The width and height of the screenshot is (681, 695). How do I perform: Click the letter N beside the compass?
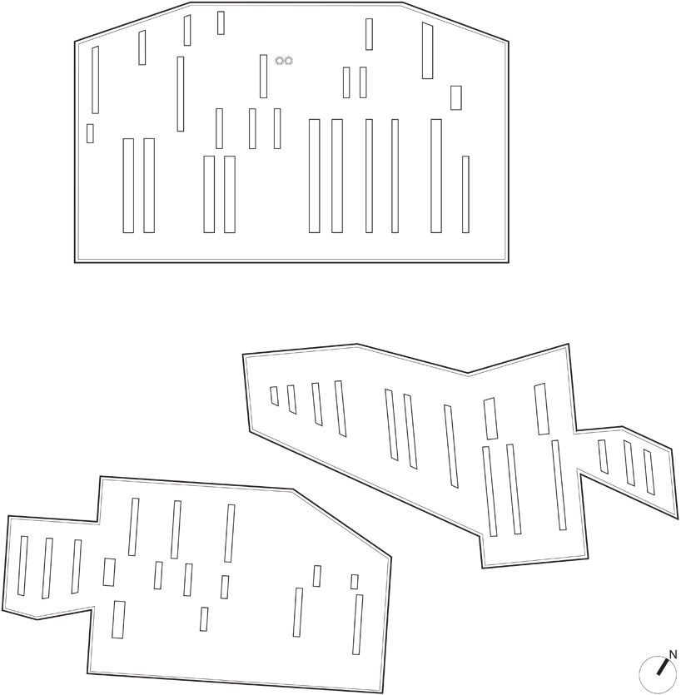[x=673, y=654]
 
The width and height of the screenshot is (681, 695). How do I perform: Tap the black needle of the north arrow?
[x=663, y=667]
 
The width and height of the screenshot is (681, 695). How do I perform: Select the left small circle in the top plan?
[x=280, y=61]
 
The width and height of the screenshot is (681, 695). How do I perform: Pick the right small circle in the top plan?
[x=288, y=61]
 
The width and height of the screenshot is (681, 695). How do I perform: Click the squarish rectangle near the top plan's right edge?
[x=455, y=97]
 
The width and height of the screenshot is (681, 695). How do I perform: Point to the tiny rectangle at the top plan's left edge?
[x=90, y=133]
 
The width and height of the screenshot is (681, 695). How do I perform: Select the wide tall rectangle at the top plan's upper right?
[x=427, y=51]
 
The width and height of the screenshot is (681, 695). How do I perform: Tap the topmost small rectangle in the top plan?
[x=221, y=23]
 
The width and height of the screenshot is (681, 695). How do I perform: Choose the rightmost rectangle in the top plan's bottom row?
[x=465, y=194]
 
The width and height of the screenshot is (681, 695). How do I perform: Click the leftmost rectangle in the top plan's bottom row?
[x=128, y=186]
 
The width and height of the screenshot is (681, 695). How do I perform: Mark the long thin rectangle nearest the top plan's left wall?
[x=95, y=80]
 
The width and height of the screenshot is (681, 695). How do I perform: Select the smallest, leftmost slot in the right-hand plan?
[x=275, y=396]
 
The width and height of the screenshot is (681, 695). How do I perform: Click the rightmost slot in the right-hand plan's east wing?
[x=649, y=472]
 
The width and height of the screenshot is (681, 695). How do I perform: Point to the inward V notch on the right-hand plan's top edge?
[x=468, y=374]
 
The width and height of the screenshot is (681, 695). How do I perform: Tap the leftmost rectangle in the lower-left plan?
[x=22, y=566]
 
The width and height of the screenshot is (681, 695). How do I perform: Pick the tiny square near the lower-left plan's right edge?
[x=355, y=582]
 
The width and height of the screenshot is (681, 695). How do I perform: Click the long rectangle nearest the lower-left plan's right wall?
[x=358, y=624]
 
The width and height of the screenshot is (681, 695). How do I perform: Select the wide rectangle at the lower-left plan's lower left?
[x=118, y=619]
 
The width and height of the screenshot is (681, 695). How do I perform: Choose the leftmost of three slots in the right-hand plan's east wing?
[x=603, y=457]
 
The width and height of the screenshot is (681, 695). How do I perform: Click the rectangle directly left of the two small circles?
[x=263, y=77]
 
